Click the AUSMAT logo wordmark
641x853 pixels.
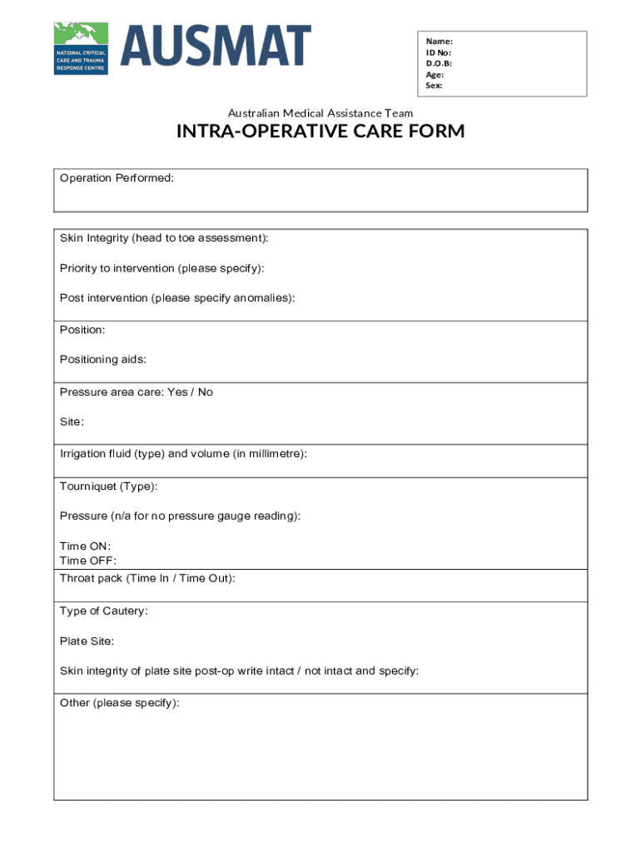point(216,46)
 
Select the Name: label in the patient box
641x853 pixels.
point(440,41)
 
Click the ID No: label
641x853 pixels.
point(439,52)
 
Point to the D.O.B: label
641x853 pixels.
point(439,63)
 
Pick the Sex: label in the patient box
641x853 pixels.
point(435,85)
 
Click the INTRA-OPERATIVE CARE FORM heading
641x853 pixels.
point(320,132)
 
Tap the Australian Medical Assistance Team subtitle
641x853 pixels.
point(320,113)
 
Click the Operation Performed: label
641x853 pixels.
point(117,178)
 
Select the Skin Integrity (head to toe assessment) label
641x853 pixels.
point(164,238)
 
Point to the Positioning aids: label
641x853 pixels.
point(103,360)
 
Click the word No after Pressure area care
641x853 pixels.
point(206,392)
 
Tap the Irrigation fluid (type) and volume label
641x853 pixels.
point(183,454)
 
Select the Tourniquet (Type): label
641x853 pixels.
point(108,486)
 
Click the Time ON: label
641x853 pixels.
point(85,546)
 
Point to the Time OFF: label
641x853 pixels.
point(88,561)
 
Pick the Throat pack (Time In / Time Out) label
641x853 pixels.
point(147,578)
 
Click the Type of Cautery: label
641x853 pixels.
point(104,611)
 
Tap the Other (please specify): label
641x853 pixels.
point(119,703)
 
